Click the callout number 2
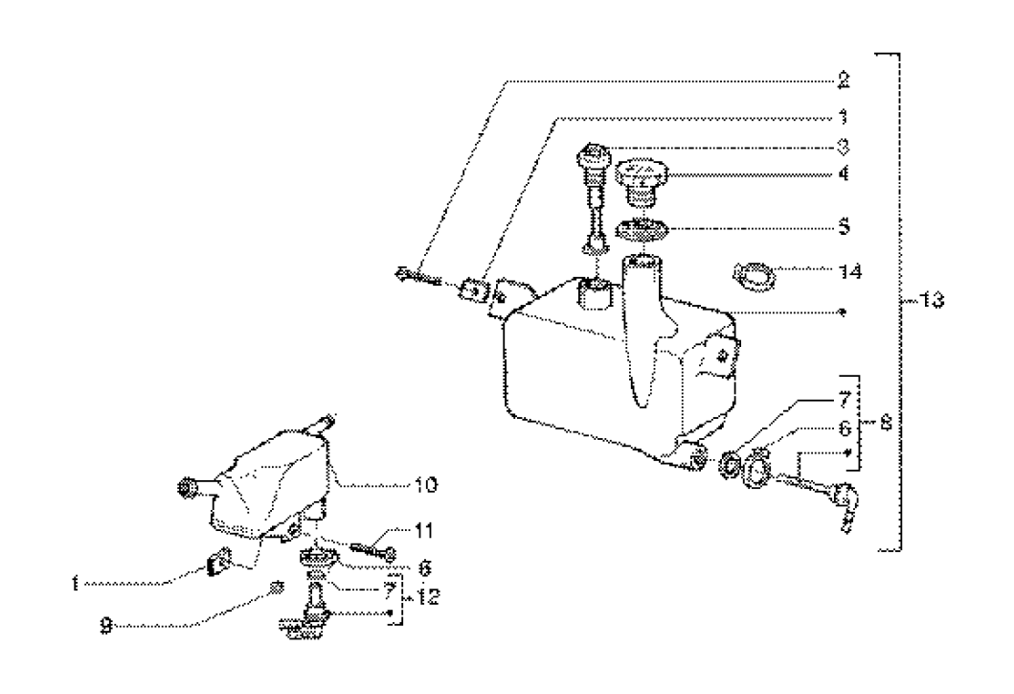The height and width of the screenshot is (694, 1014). click(842, 78)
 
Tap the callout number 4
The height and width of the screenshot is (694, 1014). click(842, 177)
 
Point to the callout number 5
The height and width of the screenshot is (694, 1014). click(842, 228)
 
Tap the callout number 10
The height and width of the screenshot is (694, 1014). click(425, 486)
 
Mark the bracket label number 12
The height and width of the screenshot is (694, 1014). click(427, 596)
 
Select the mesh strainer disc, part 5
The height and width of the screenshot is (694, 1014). click(638, 230)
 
